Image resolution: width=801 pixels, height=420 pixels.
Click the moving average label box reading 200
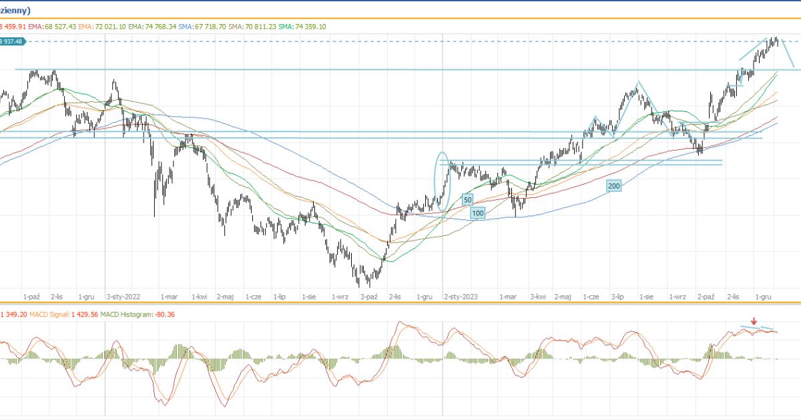point(614,186)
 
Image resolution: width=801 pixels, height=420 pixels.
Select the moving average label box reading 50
point(467,199)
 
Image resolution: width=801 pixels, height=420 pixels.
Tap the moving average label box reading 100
point(477,213)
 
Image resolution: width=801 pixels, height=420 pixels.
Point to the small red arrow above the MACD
point(754,321)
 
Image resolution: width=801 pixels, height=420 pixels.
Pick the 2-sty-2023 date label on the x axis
point(461,296)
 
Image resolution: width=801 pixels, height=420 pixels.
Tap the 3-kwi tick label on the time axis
point(539,296)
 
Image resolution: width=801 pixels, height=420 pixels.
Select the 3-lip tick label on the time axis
point(617,296)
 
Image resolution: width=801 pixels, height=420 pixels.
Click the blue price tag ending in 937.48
point(12,41)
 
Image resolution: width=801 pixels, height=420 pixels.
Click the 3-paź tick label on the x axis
point(369,296)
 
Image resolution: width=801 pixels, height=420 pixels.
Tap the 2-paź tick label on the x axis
point(706,296)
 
